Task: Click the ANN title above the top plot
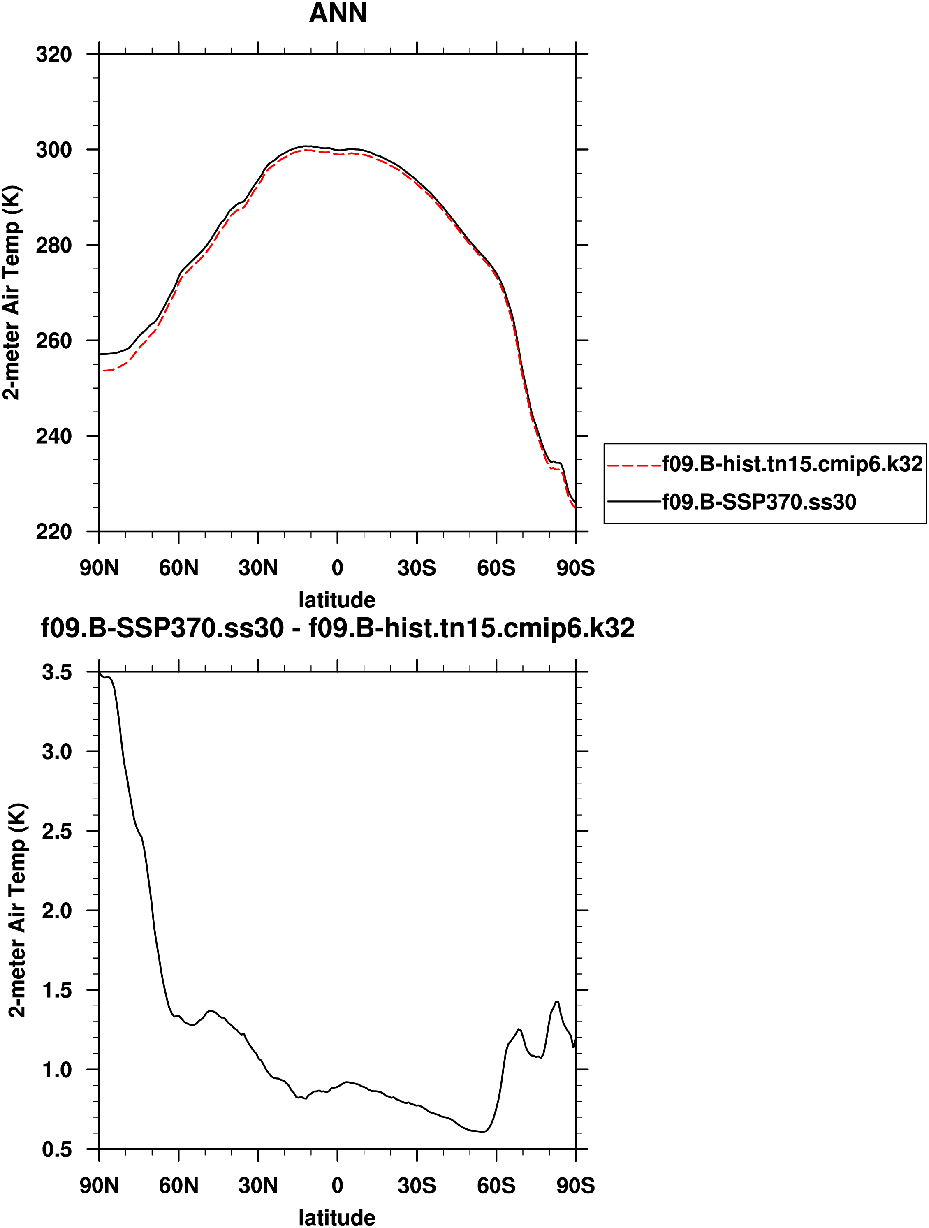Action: pyautogui.click(x=338, y=13)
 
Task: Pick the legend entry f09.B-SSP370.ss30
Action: pyautogui.click(x=758, y=502)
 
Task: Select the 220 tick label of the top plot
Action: pyautogui.click(x=54, y=532)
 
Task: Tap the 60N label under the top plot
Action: pyautogui.click(x=178, y=568)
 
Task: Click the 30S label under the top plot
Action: pyautogui.click(x=417, y=568)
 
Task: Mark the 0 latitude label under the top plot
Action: pyautogui.click(x=337, y=568)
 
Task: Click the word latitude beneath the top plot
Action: pyautogui.click(x=337, y=600)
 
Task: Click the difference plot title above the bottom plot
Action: pyautogui.click(x=338, y=628)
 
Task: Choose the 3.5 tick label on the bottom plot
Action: pyautogui.click(x=57, y=672)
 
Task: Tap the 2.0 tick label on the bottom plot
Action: pyautogui.click(x=57, y=911)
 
